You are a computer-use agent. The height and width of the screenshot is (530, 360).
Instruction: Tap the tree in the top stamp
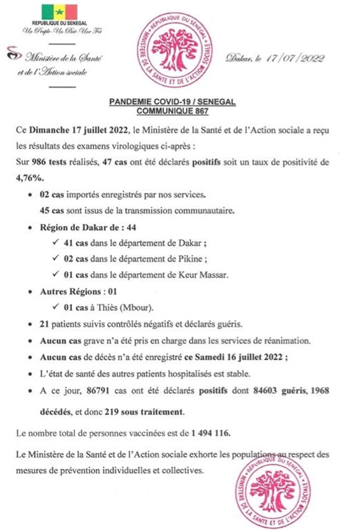(x=179, y=54)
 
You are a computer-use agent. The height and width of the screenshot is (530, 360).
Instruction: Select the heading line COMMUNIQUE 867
(x=179, y=110)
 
